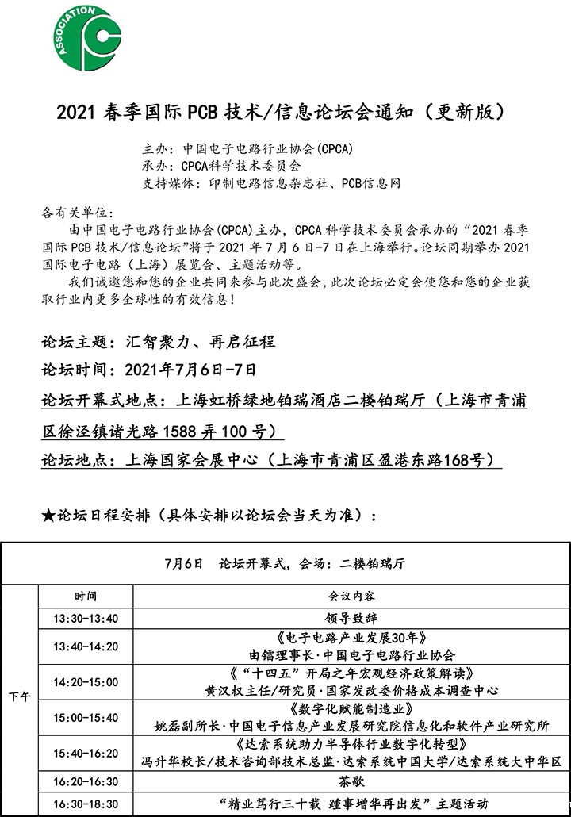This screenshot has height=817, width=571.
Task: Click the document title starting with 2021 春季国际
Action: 280,113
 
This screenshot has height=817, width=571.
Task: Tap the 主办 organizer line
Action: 247,148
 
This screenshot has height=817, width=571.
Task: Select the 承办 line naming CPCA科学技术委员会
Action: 221,166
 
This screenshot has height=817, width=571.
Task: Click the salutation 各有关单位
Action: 76,213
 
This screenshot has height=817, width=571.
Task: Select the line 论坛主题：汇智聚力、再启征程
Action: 159,343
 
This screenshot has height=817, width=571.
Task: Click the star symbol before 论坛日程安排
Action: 48,516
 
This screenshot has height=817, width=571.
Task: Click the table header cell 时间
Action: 86,596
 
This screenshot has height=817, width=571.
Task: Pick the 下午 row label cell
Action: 20,697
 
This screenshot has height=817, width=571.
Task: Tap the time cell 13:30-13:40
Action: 86,619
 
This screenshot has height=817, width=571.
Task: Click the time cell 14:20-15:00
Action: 86,682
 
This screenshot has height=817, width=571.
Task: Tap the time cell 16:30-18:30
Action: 86,804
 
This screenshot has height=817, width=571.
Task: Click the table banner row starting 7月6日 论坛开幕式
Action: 285,564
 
